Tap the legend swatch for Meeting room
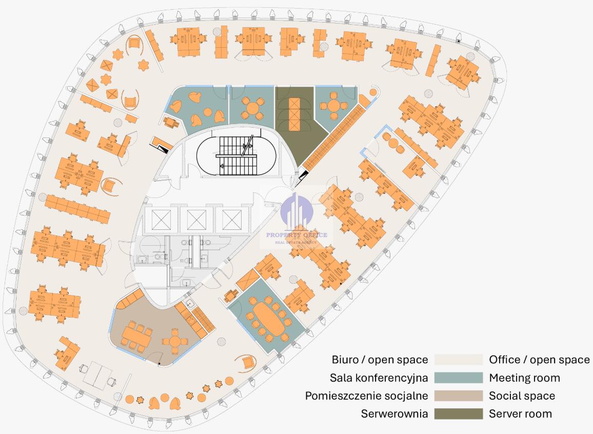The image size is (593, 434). (458, 378)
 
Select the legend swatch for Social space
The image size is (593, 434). (458, 396)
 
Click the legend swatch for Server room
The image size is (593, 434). (458, 413)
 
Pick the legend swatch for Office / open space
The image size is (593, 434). (458, 360)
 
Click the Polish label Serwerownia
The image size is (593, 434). (394, 413)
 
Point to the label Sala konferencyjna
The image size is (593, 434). (379, 378)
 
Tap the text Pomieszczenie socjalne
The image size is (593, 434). (366, 396)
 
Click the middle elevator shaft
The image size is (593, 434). (196, 220)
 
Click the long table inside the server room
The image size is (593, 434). (294, 113)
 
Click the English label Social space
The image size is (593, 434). (522, 396)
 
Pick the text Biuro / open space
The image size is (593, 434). (380, 360)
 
